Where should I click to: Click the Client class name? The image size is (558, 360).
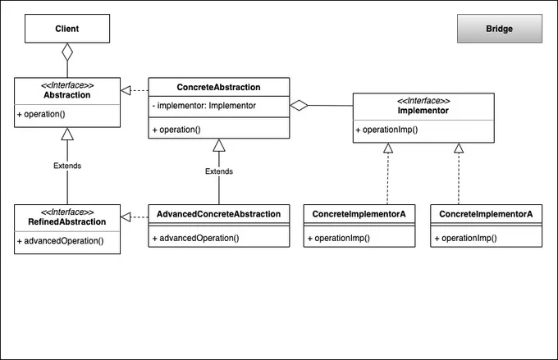pos(67,29)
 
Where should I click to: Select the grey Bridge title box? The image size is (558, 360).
pos(500,29)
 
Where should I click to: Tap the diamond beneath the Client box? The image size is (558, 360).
pos(67,52)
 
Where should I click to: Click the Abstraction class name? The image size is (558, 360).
pos(67,95)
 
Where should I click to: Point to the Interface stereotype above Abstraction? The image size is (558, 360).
pos(67,85)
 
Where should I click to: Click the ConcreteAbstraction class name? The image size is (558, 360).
pos(218,87)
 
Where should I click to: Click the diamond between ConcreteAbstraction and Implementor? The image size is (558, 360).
pos(299,105)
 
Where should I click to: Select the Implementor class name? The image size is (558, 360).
pos(423,111)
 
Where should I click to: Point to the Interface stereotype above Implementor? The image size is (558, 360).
pos(423,101)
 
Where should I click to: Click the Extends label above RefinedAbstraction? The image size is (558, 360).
pos(67,166)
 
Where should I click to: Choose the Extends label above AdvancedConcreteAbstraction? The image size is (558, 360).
pos(219,171)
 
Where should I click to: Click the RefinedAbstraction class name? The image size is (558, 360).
pos(67,222)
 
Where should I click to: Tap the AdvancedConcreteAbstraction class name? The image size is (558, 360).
pos(218,214)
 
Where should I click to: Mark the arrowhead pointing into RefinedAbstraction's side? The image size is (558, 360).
pos(126,217)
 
